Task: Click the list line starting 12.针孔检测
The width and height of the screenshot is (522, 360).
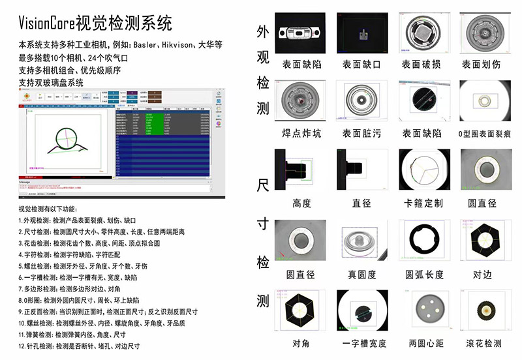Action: [78, 346]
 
